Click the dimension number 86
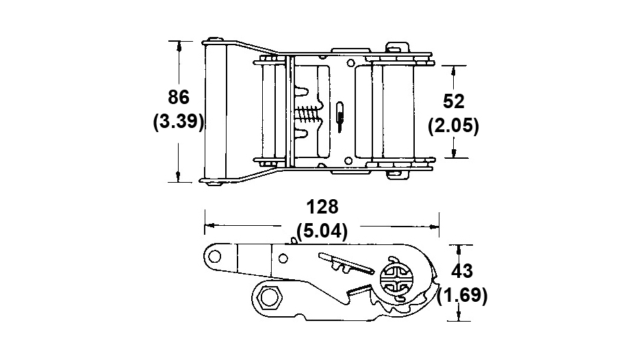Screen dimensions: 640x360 (x=179, y=97)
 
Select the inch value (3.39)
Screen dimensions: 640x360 (x=179, y=121)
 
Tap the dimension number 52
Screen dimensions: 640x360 (x=453, y=101)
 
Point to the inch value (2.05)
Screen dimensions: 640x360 (x=453, y=125)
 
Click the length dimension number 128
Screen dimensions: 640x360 (x=322, y=207)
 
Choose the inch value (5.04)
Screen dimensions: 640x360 (x=322, y=231)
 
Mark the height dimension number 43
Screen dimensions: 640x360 (x=462, y=271)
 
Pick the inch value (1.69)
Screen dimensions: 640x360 (x=462, y=295)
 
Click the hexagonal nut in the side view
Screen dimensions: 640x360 (x=268, y=297)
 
